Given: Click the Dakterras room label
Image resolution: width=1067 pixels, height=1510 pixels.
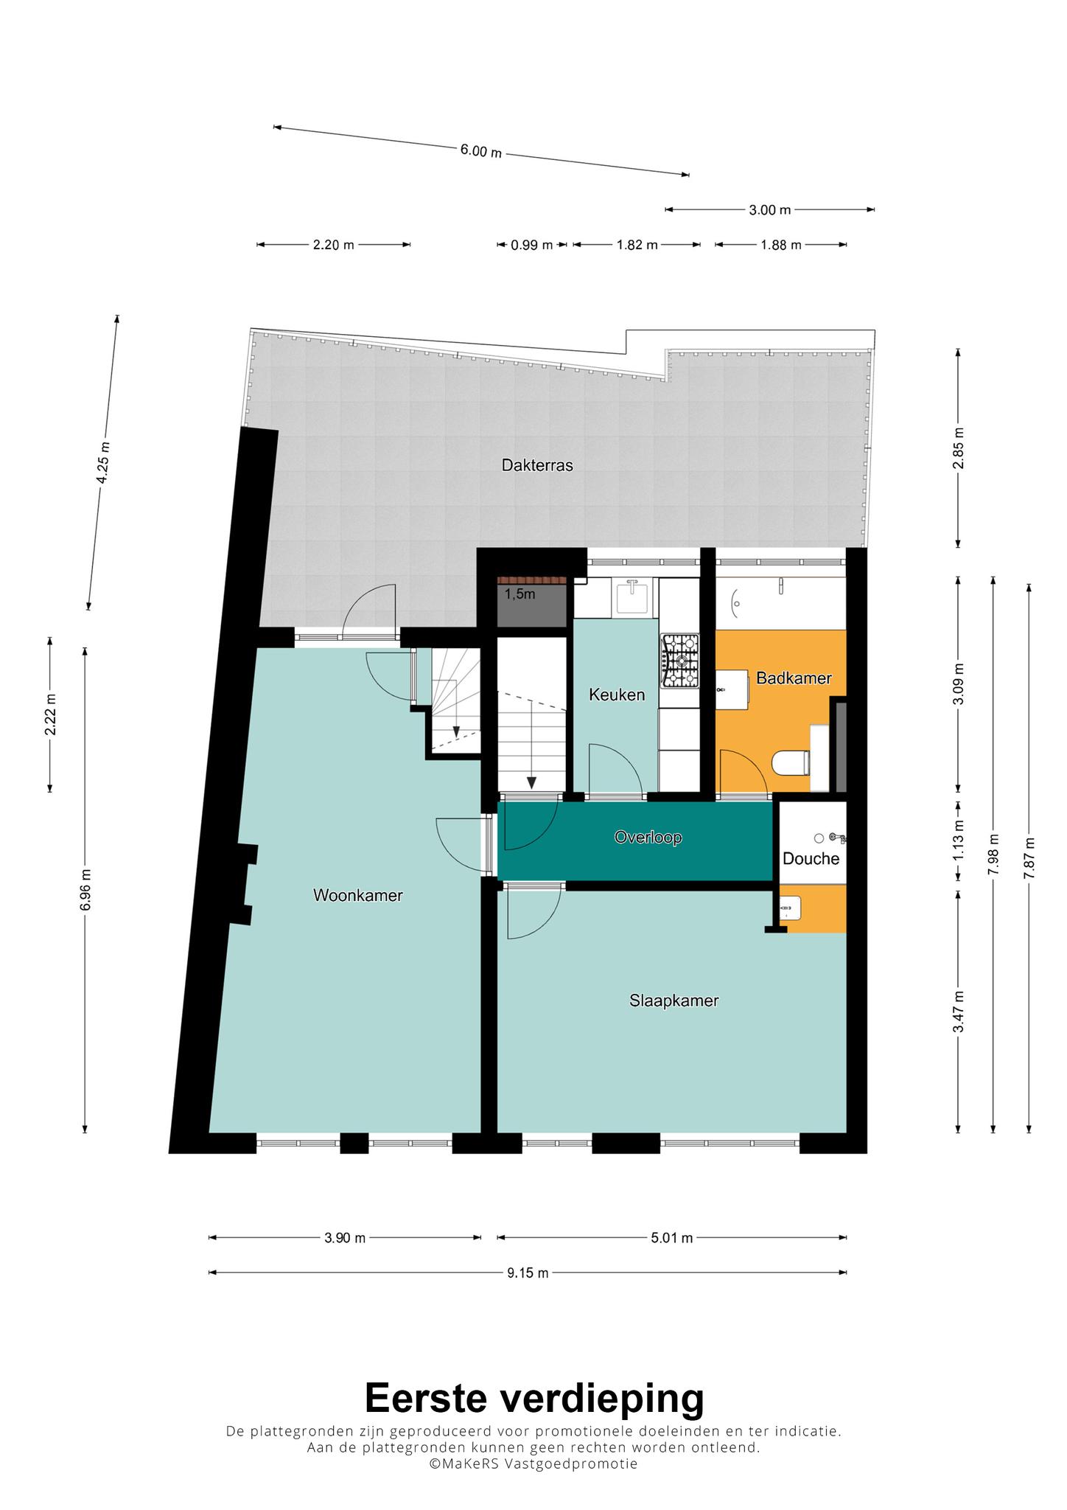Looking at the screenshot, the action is tap(537, 465).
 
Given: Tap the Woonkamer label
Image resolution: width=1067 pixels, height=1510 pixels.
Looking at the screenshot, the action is tap(358, 895).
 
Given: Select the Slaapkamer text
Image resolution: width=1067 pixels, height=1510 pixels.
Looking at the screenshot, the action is tap(674, 1001).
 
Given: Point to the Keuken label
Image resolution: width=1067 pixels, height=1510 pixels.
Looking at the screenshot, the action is tap(617, 695).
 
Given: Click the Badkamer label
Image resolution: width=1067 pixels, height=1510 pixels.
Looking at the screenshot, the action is tap(794, 678).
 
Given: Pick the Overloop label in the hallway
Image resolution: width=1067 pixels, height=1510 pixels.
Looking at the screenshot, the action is tap(648, 838).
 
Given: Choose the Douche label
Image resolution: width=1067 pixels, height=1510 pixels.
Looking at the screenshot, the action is tap(811, 858).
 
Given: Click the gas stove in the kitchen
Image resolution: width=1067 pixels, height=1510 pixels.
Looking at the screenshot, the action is tap(679, 661).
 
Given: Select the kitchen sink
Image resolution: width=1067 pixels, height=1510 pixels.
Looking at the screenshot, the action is tap(632, 597).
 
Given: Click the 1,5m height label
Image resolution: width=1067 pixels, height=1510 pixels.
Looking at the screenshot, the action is tap(520, 594).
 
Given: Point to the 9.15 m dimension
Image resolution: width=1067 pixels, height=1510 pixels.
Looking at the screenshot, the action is tap(528, 1273).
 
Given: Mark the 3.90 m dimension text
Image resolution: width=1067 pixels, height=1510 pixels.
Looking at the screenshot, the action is tap(345, 1238).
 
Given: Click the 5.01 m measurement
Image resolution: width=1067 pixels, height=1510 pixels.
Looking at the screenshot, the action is tap(672, 1238).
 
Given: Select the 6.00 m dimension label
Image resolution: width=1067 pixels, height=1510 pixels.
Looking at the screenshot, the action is tap(481, 151).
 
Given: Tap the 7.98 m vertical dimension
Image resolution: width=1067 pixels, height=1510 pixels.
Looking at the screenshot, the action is tap(994, 855).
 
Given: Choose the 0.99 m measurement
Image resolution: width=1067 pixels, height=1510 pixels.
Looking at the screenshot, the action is tap(532, 245).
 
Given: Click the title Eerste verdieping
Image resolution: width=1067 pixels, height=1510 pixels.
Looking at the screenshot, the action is tap(534, 1397).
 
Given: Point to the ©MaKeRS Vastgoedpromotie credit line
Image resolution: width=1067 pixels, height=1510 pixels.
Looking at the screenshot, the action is tap(533, 1464).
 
